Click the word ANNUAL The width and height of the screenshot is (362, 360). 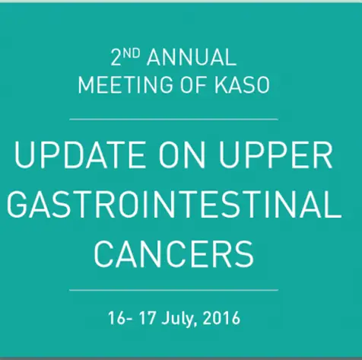pyautogui.click(x=192, y=57)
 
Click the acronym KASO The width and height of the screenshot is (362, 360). pyautogui.click(x=242, y=84)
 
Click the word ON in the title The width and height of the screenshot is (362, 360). pyautogui.click(x=182, y=155)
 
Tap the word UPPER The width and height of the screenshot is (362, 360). pyautogui.click(x=275, y=155)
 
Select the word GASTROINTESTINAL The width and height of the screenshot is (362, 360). pyautogui.click(x=174, y=204)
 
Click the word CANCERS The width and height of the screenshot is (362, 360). pyautogui.click(x=174, y=254)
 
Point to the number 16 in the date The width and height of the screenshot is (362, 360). pyautogui.click(x=116, y=318)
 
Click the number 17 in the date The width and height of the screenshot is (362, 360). pyautogui.click(x=147, y=318)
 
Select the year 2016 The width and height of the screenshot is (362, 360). pyautogui.click(x=221, y=318)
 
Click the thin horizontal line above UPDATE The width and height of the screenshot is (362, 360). pyautogui.click(x=173, y=119)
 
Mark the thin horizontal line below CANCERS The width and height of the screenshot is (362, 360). pyautogui.click(x=173, y=289)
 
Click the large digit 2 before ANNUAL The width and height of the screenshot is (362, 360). pyautogui.click(x=116, y=58)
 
